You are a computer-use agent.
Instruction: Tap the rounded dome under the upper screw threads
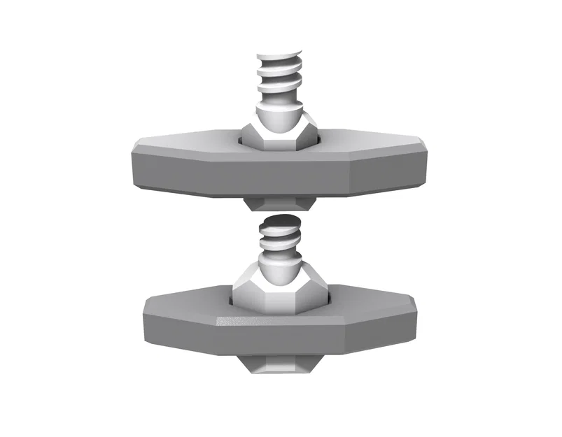click(279, 115)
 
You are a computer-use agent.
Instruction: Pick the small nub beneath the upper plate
click(279, 203)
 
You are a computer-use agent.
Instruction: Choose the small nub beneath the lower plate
click(279, 365)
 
